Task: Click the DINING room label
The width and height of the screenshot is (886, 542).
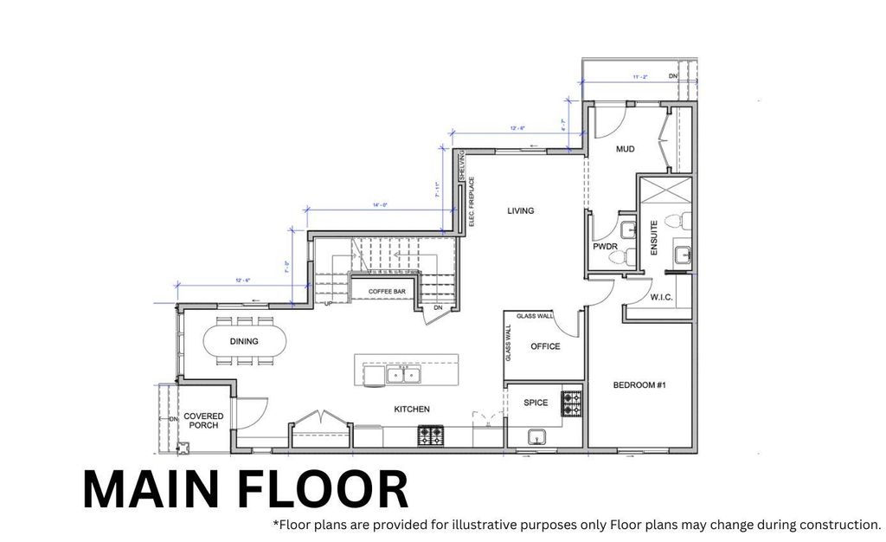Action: pos(244,342)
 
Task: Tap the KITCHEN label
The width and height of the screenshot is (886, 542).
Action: pos(412,410)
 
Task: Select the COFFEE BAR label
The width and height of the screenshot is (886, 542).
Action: pos(387,293)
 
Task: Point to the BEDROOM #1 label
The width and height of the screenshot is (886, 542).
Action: pos(639,385)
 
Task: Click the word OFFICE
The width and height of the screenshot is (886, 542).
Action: pos(545,346)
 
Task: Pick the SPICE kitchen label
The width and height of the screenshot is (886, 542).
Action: pos(536,403)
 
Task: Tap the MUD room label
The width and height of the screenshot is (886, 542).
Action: pos(625,150)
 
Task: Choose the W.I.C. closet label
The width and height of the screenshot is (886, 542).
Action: pos(661,298)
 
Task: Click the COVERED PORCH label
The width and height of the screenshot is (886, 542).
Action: pos(203,421)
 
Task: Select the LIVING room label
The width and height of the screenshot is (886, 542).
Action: pos(520,210)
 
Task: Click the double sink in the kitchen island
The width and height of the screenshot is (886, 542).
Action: pos(403,375)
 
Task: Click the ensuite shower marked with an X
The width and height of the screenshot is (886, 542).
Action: pos(664,189)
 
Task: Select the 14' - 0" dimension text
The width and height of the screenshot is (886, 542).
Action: pos(380,205)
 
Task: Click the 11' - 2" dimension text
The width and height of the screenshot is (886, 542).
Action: pos(640,77)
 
